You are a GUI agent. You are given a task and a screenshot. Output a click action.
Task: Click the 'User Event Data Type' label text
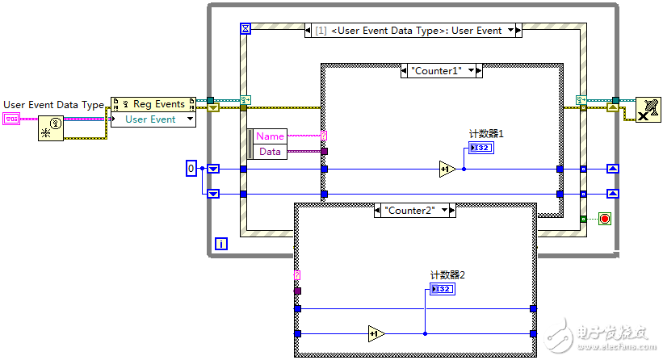(53, 104)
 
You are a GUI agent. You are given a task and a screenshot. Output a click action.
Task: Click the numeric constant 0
(191, 169)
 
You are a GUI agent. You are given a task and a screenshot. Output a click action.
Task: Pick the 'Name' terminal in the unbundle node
(270, 136)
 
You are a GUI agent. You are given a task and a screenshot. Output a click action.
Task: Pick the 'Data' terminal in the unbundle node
(270, 151)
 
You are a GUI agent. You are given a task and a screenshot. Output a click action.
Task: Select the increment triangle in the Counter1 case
(447, 169)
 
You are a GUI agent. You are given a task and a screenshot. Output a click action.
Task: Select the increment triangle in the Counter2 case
(376, 333)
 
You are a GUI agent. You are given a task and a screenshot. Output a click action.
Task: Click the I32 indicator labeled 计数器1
(480, 148)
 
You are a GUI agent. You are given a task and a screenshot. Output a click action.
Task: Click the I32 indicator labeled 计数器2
(442, 289)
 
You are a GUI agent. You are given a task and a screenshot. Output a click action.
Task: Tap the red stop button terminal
(603, 219)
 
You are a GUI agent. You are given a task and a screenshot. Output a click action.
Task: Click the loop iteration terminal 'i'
(222, 243)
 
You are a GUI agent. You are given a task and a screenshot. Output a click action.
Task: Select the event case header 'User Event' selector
(414, 31)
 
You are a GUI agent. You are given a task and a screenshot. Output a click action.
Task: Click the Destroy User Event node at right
(647, 108)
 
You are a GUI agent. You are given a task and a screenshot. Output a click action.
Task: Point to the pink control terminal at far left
(11, 119)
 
